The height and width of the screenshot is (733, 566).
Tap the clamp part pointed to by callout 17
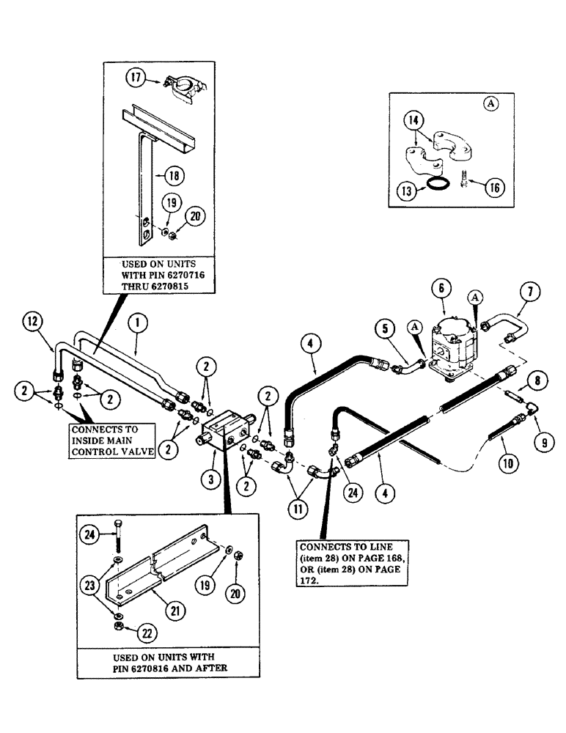pyautogui.click(x=179, y=84)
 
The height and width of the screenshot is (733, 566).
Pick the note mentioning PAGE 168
pyautogui.click(x=352, y=563)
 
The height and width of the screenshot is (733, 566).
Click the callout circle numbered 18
pyautogui.click(x=174, y=175)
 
